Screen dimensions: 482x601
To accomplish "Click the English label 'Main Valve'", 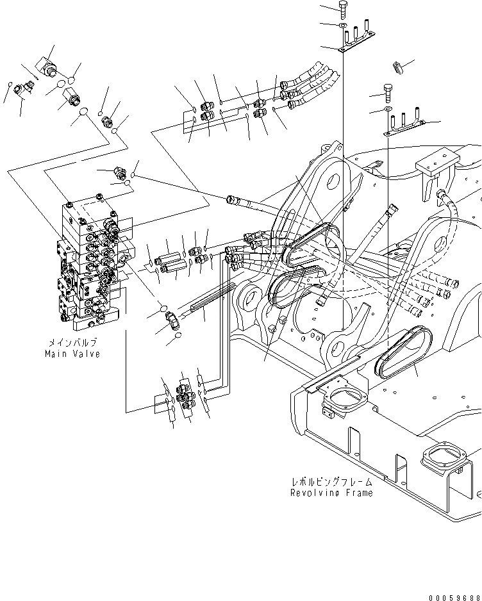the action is [72, 354].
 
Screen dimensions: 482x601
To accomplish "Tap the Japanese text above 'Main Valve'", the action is [72, 342].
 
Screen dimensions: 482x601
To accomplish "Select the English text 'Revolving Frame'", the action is [331, 493].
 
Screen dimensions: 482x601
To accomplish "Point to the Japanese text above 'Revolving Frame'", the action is [332, 482].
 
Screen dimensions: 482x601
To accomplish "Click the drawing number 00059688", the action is [455, 598].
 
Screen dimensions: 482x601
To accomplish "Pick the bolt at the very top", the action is [343, 10].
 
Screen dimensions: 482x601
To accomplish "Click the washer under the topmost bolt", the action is [343, 26].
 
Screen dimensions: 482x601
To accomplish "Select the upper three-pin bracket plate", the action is [356, 37].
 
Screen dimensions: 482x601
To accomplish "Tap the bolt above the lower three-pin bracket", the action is [388, 93].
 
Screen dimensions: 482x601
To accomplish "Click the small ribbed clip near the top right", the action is [399, 67].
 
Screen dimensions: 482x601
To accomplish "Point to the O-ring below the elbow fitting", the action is [178, 336].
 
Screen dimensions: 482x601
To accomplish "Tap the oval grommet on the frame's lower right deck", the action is [403, 352].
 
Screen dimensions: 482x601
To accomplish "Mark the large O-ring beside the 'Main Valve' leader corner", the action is [83, 112].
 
